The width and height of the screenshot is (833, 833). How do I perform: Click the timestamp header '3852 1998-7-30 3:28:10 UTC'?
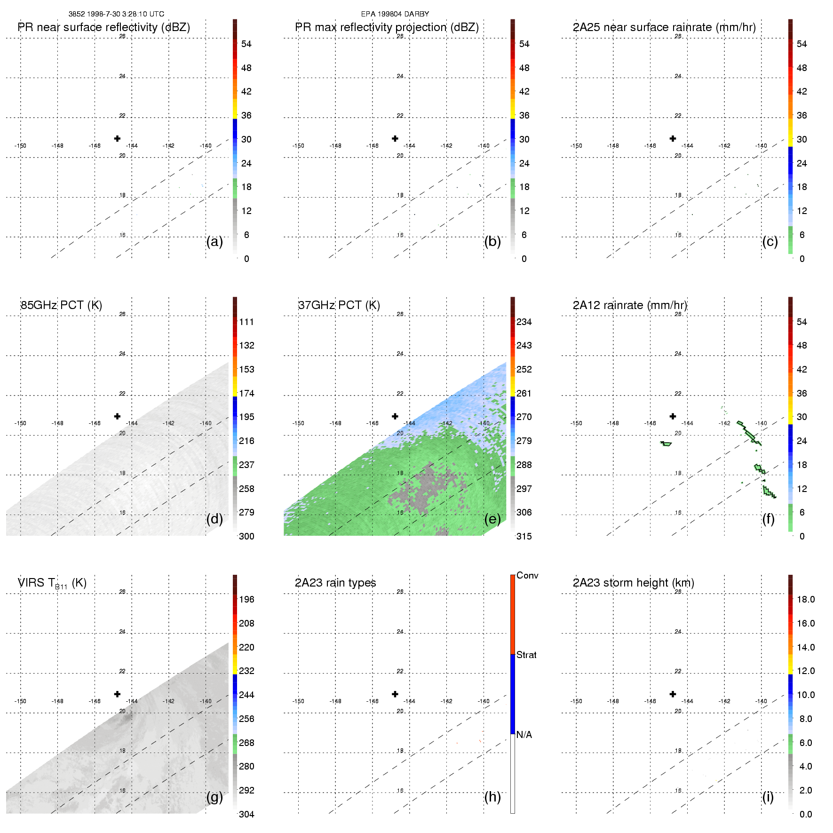[x=116, y=14]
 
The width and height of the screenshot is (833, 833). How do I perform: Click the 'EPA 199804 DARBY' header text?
[x=395, y=14]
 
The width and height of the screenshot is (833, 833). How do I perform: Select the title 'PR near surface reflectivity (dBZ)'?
[x=104, y=27]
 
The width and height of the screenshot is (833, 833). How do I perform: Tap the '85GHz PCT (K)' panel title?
[x=61, y=305]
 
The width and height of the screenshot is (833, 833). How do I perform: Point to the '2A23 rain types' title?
[x=335, y=583]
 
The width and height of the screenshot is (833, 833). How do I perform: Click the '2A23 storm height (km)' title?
[x=633, y=583]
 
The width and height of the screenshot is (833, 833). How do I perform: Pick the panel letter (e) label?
[x=492, y=519]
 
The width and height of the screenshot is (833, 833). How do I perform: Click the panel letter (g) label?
[x=214, y=797]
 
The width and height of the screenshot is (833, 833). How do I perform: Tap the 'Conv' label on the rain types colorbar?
[x=527, y=575]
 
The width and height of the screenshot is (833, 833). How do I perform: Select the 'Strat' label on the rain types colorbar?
[x=526, y=655]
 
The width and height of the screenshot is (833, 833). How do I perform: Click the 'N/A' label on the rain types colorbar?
[x=524, y=735]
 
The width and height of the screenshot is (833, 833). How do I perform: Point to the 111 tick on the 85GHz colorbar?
[x=246, y=322]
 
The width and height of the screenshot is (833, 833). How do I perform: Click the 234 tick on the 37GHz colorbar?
[x=524, y=322]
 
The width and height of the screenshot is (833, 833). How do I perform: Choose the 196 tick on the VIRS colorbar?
[x=246, y=599]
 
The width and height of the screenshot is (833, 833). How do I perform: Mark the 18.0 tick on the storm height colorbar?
[x=805, y=599]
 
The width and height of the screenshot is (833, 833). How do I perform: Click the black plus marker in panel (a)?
[x=117, y=138]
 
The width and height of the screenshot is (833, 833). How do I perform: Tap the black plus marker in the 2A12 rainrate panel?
[x=673, y=416]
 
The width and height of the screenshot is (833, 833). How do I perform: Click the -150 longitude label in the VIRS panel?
[x=20, y=701]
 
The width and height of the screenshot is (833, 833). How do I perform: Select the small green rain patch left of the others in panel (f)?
[x=666, y=444]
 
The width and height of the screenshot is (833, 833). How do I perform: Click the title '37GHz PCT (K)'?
[x=339, y=305]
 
